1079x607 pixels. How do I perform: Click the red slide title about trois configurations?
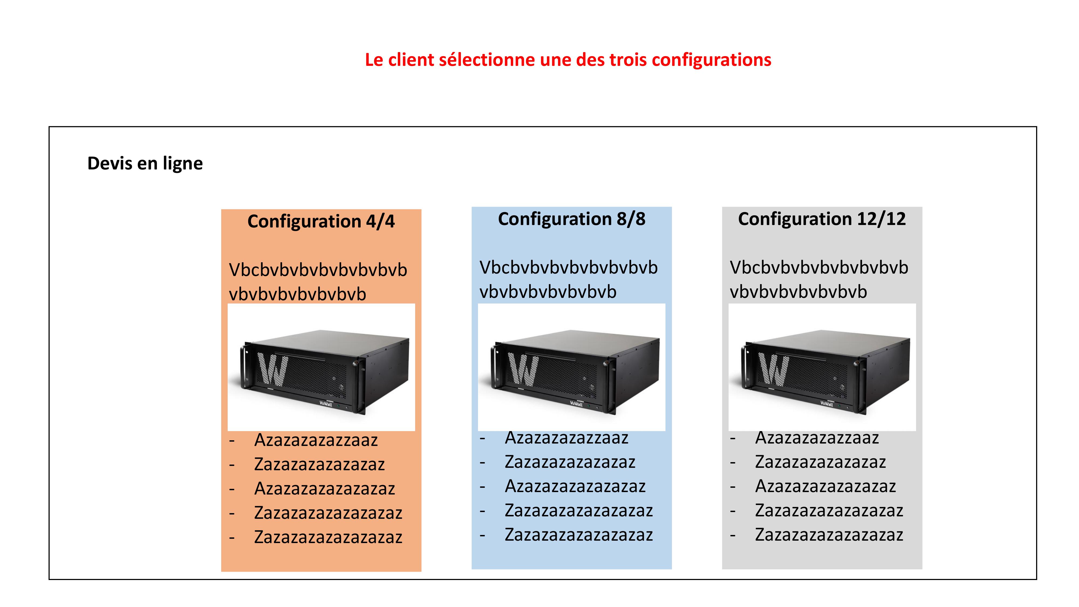(568, 60)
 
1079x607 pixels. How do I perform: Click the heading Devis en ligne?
(145, 163)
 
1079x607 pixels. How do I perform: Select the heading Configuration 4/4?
(321, 221)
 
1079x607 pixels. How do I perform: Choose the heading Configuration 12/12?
(822, 219)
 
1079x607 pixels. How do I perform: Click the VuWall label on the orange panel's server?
(326, 404)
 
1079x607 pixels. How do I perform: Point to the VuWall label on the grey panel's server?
(827, 404)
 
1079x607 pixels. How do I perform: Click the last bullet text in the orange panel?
(328, 537)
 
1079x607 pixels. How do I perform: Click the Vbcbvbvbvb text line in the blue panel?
(568, 268)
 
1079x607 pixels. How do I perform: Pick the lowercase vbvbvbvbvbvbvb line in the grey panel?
(798, 292)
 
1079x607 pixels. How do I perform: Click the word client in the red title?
(411, 60)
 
